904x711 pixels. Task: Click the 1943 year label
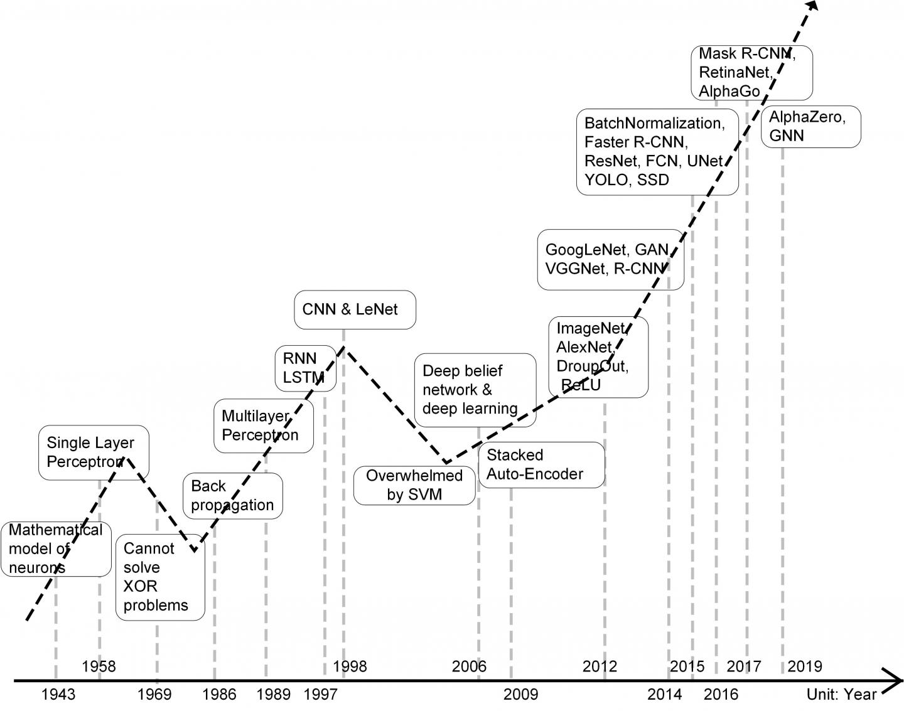[58, 694]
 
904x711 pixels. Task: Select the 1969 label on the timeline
[154, 694]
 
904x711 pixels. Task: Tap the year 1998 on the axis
[350, 666]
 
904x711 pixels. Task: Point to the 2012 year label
[600, 666]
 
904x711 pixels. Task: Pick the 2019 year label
[804, 666]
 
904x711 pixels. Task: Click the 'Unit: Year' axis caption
[841, 694]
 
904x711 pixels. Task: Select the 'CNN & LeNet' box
[355, 309]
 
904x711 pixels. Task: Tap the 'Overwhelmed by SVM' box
[414, 485]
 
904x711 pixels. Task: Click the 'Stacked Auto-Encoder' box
[541, 464]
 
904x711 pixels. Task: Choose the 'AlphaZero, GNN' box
[810, 127]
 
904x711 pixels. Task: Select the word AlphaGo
[729, 91]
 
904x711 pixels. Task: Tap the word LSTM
[303, 378]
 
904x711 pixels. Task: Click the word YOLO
[606, 180]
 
